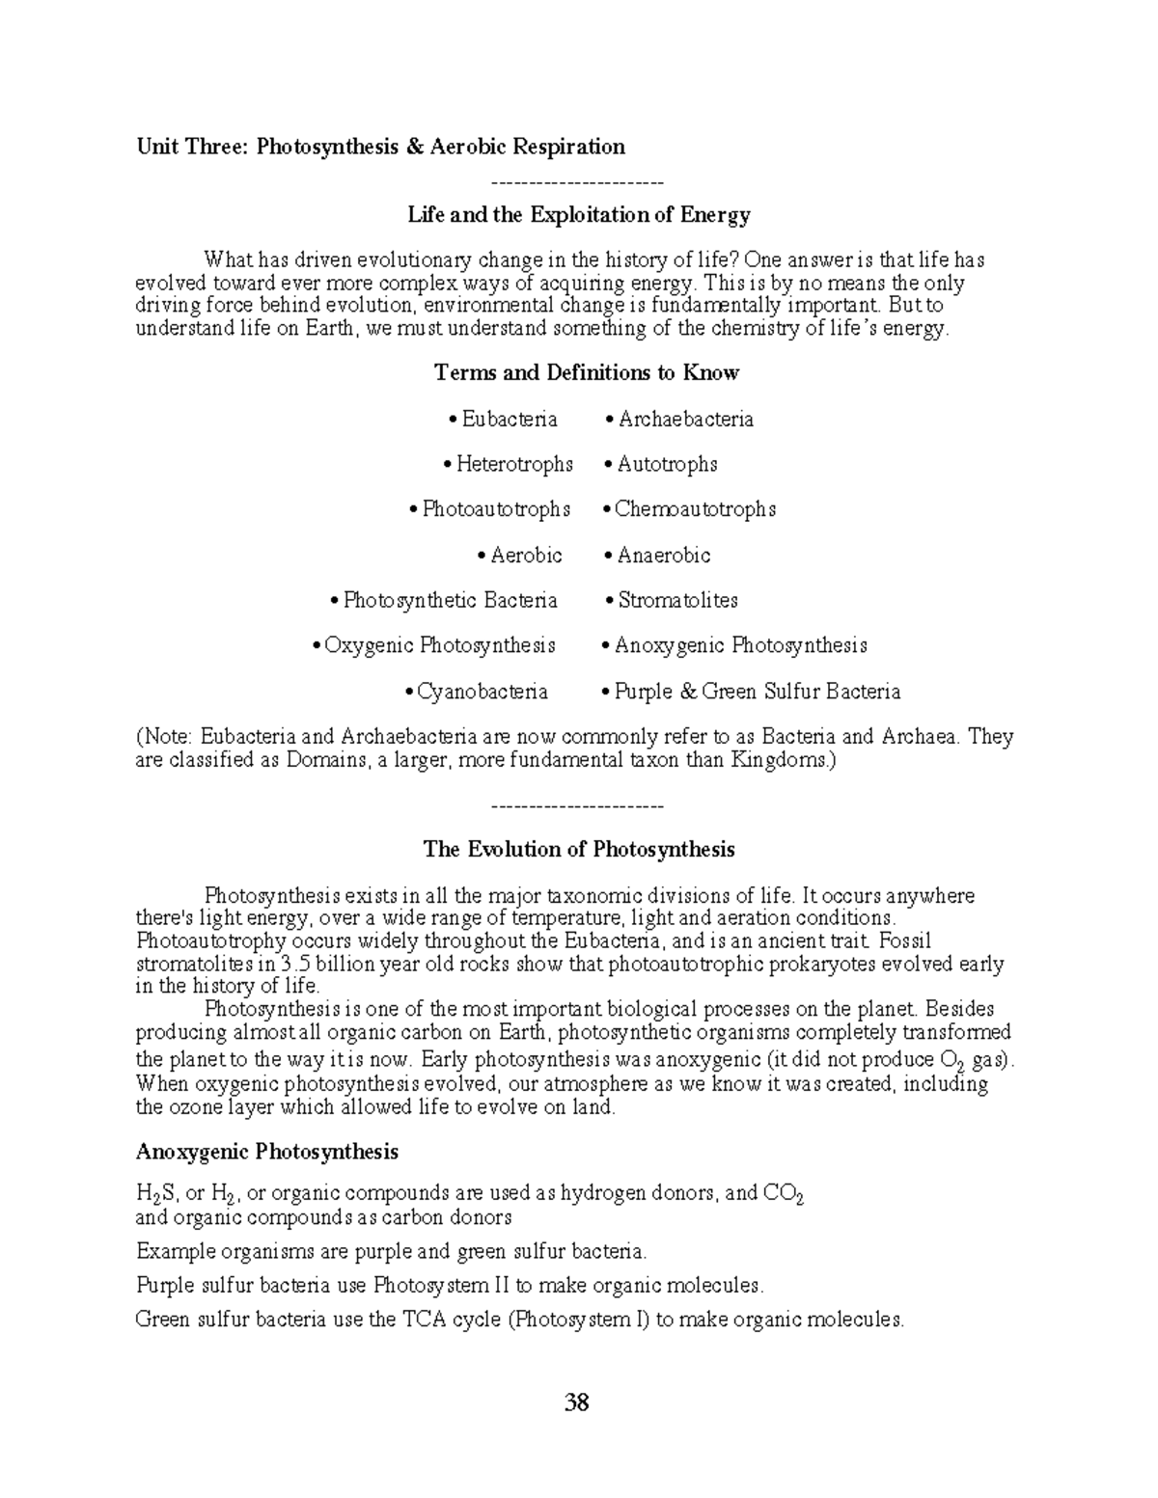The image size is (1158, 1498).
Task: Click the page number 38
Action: coord(577,1402)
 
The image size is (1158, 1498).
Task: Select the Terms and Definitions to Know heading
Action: coord(587,372)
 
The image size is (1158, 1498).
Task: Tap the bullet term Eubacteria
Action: coord(509,419)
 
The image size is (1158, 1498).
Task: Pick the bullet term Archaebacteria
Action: coord(685,419)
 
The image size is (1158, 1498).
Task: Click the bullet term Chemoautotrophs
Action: coord(695,508)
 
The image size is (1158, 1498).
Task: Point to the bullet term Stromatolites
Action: coord(677,600)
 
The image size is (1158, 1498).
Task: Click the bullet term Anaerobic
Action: coord(663,555)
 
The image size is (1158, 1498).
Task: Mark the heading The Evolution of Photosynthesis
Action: coord(579,849)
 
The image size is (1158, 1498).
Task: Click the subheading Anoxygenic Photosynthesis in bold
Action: coord(267,1152)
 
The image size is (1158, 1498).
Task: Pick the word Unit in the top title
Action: coord(156,147)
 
